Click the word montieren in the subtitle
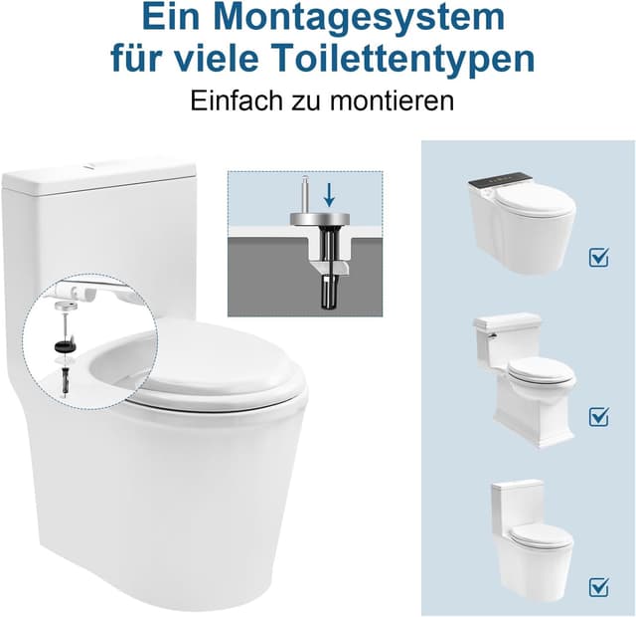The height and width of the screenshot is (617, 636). [x=394, y=101]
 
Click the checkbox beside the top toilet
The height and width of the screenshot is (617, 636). [x=598, y=258]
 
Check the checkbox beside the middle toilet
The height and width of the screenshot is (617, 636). [x=598, y=416]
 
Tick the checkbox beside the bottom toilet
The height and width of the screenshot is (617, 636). [x=598, y=584]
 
